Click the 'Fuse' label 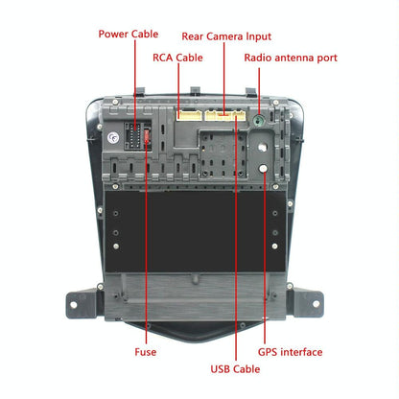point(147,351)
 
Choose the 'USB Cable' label point(236,367)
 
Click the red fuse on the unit point(147,140)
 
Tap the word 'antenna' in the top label point(293,58)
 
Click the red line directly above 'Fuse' point(147,288)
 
